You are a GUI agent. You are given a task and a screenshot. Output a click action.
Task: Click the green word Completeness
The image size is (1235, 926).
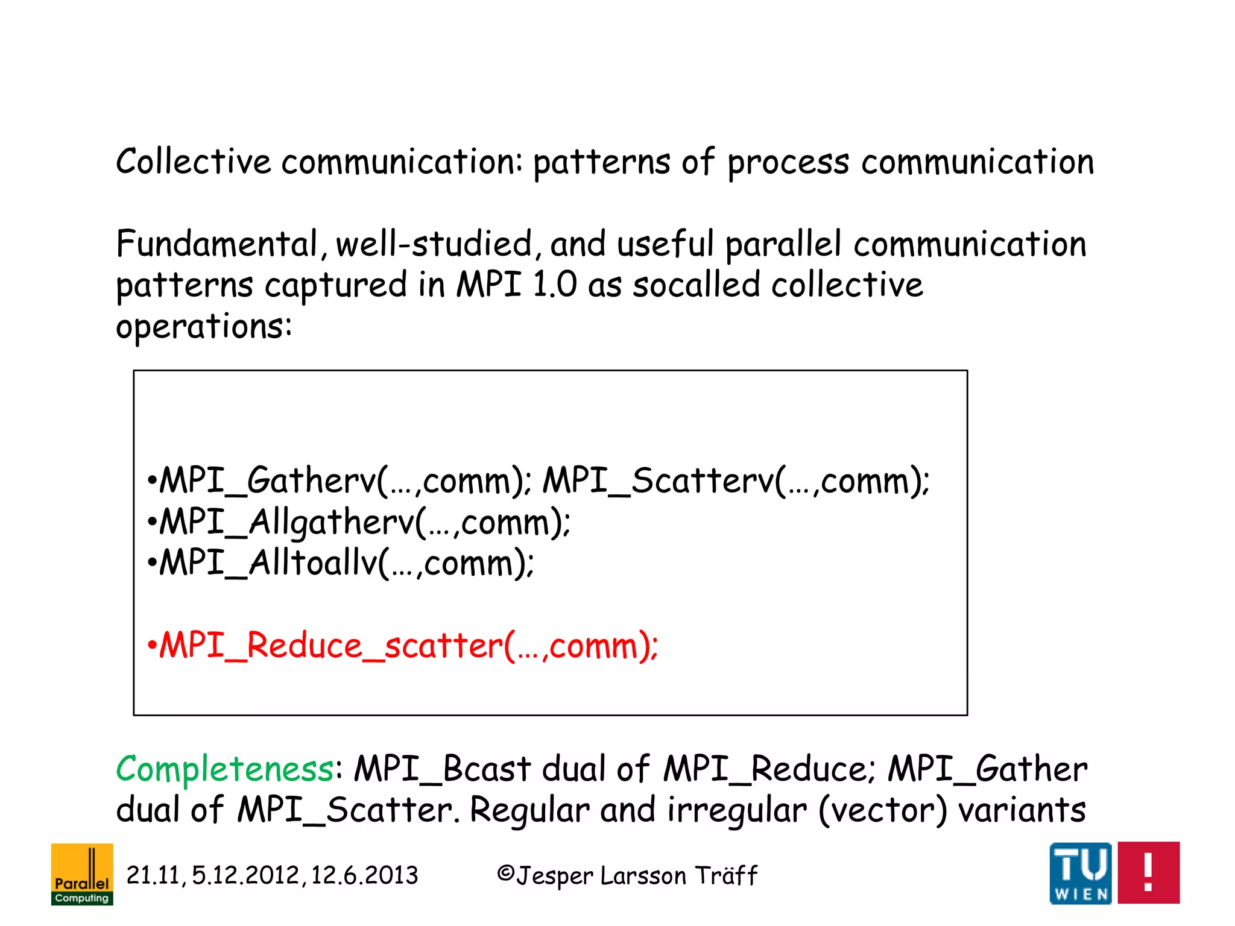point(224,770)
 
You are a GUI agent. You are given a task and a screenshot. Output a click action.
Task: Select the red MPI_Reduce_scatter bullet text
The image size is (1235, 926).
point(403,646)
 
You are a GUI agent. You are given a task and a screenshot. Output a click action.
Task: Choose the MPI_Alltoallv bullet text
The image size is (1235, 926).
point(341,563)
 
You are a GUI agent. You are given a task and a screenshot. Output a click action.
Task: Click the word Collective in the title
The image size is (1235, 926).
point(193,162)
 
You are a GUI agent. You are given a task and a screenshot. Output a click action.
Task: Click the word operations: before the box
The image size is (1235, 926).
point(204,327)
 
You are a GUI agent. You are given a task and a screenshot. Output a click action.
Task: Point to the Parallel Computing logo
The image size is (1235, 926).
point(82,874)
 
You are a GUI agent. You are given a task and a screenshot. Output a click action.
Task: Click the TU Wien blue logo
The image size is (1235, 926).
point(1080,873)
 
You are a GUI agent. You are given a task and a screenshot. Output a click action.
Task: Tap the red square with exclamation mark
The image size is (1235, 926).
point(1148,872)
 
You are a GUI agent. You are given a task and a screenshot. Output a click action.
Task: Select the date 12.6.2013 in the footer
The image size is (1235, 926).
point(364,875)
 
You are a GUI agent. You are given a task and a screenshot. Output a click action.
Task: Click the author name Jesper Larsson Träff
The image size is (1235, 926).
point(636,875)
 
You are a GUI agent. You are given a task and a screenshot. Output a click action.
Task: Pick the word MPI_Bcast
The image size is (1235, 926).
point(442,770)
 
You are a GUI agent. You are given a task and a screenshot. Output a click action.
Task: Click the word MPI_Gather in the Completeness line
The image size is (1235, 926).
point(987,770)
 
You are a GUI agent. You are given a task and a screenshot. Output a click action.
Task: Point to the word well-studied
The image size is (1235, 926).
point(434,244)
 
